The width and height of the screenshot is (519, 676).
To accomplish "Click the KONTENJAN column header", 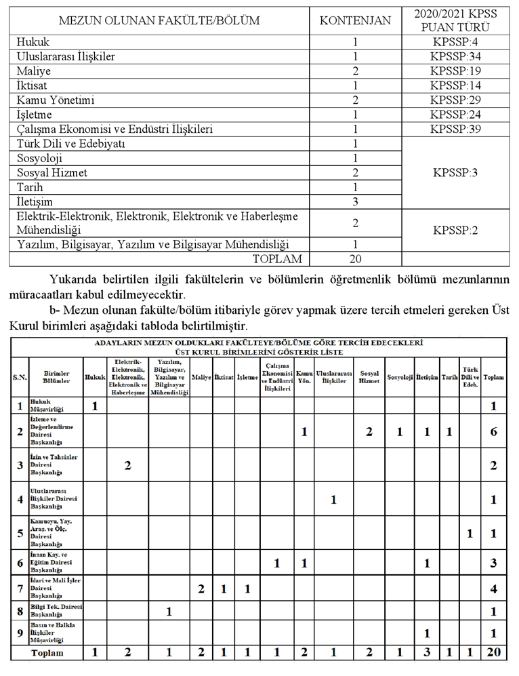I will pyautogui.click(x=355, y=20).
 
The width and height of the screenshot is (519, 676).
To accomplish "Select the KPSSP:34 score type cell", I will pyautogui.click(x=455, y=56).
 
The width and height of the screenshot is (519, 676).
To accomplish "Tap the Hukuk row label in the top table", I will pyautogui.click(x=30, y=42).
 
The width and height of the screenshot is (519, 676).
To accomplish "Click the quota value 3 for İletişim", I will pyautogui.click(x=355, y=201).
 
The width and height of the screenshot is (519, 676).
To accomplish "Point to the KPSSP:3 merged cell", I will pyautogui.click(x=455, y=172).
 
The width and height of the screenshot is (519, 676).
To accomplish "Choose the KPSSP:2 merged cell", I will pyautogui.click(x=455, y=230).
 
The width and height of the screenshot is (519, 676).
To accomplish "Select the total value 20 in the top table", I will pyautogui.click(x=355, y=258).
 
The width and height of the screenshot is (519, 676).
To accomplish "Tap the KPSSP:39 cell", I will pyautogui.click(x=455, y=129).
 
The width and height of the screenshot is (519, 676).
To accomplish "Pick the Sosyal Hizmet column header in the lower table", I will pyautogui.click(x=369, y=376).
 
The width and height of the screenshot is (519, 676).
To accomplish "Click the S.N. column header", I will pyautogui.click(x=20, y=377).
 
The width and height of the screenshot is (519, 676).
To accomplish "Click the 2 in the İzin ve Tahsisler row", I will pyautogui.click(x=127, y=465).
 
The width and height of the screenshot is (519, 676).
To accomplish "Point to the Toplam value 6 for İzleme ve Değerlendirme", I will pyautogui.click(x=494, y=432).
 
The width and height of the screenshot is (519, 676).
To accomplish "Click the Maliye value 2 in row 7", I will pyautogui.click(x=201, y=589).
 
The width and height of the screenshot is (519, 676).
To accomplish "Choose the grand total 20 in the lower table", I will pyautogui.click(x=494, y=653).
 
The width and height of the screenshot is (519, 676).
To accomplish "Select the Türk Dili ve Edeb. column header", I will pyautogui.click(x=470, y=376).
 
